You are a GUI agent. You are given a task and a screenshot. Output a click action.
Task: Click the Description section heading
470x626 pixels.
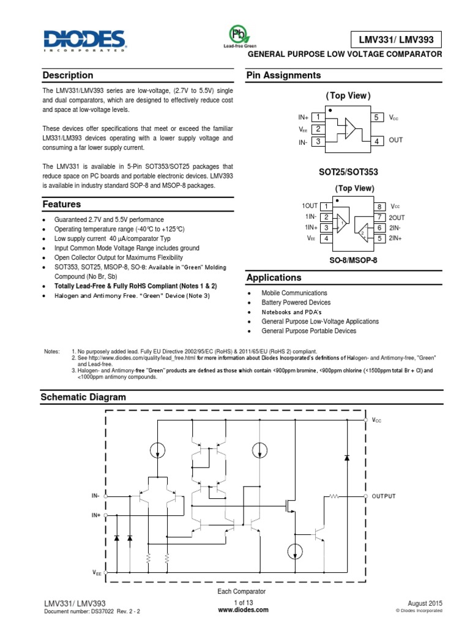(68, 75)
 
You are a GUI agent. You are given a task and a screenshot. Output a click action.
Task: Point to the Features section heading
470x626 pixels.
(62, 204)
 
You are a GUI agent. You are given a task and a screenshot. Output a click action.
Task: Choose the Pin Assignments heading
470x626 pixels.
(283, 75)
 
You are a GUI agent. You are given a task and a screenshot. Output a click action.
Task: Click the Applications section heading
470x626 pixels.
(274, 278)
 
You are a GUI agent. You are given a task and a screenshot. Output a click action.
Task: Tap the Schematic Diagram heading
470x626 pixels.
(83, 397)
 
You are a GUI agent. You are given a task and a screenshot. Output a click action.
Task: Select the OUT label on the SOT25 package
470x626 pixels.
(396, 141)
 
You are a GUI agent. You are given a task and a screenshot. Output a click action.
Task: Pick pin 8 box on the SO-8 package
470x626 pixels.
(379, 207)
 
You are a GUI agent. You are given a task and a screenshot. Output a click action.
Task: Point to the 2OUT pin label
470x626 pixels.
(397, 217)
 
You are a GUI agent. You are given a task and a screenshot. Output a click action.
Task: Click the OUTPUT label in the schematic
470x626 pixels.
(384, 496)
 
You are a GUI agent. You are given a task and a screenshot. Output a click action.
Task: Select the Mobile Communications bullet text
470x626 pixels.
(294, 293)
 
